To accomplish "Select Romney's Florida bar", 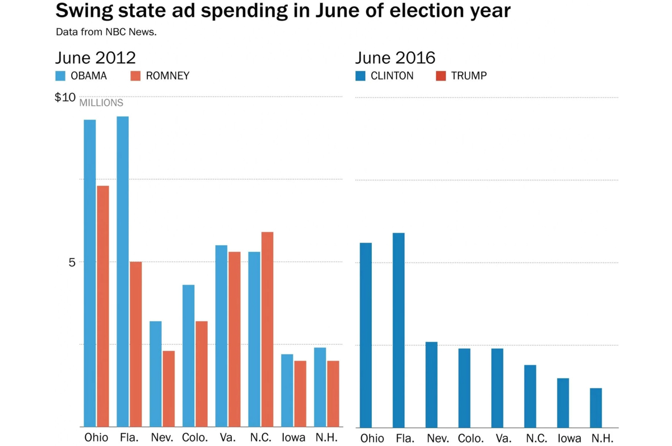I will [136, 344].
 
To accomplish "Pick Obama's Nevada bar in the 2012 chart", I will [156, 374].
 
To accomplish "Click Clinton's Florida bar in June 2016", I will [399, 330].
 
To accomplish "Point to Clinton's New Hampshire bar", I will [596, 408].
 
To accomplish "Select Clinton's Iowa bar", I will [563, 403].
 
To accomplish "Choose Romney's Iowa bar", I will [300, 394].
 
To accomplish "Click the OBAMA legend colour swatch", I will [60, 76].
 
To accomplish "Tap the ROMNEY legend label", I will [167, 76].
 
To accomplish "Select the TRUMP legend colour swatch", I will [441, 76].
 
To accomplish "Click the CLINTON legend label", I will [392, 76].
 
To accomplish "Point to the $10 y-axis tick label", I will [65, 97].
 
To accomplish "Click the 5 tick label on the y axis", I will [71, 262].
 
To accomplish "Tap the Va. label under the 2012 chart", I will [227, 438].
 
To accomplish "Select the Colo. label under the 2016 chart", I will [471, 438].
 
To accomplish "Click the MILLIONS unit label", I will [101, 103].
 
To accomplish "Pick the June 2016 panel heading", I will [395, 58].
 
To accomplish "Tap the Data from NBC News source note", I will [106, 32].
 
